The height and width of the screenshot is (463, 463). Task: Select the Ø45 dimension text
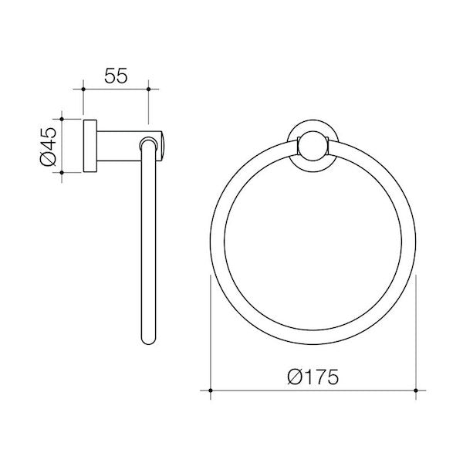click(48, 146)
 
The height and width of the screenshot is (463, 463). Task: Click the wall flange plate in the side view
click(89, 146)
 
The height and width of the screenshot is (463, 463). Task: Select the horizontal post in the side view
click(120, 146)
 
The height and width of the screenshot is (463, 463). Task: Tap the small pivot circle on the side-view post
click(146, 143)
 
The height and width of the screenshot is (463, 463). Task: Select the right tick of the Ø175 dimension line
click(416, 392)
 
